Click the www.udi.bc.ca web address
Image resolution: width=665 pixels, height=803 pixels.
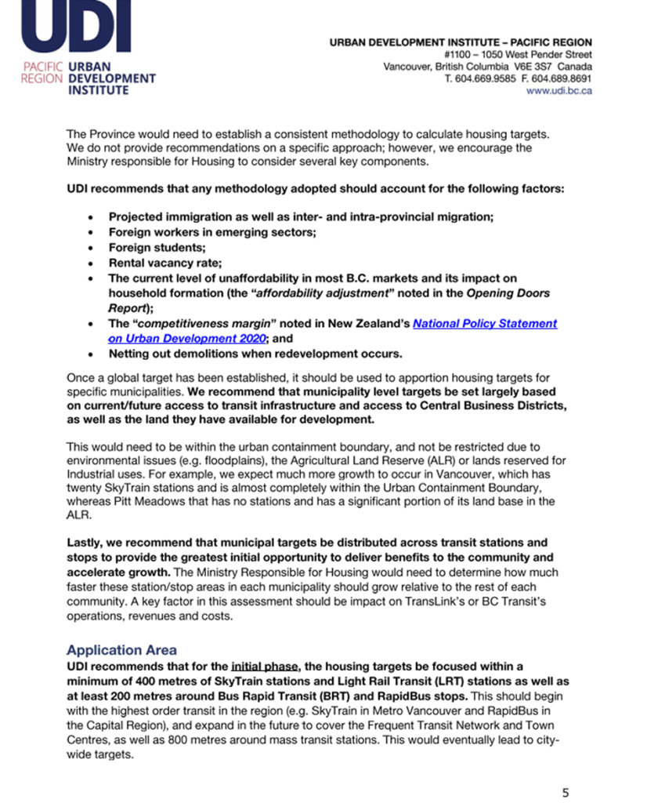[558, 91]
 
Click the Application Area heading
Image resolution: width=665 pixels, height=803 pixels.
[121, 650]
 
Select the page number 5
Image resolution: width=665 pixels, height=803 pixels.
[566, 792]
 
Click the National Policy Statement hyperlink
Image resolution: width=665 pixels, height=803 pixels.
[485, 323]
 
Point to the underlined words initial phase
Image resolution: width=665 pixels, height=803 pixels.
[266, 666]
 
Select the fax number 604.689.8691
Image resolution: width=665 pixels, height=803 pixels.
[565, 79]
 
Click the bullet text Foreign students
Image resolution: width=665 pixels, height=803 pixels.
[151, 247]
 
